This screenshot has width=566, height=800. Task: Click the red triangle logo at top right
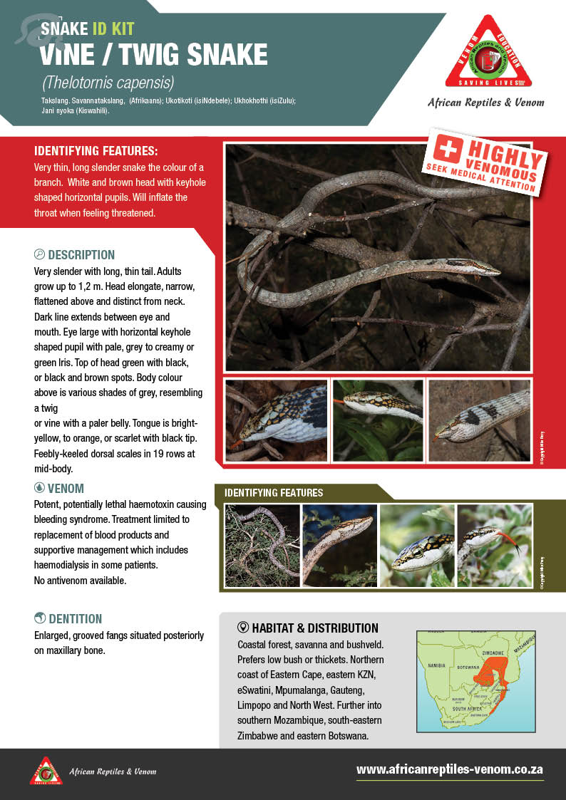click(488, 53)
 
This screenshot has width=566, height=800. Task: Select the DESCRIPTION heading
click(81, 255)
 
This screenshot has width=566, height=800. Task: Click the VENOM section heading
click(66, 489)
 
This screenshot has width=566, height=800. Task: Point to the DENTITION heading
click(75, 619)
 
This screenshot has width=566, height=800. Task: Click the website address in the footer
click(450, 769)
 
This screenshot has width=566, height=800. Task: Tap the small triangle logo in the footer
click(46, 771)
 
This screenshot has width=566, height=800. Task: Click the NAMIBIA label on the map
click(436, 665)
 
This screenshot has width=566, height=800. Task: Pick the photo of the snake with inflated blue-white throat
click(277, 420)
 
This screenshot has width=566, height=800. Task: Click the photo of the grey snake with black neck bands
click(479, 420)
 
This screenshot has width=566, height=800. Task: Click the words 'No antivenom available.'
click(81, 581)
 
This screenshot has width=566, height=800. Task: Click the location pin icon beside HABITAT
click(242, 628)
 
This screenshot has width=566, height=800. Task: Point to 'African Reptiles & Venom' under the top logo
click(486, 103)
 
